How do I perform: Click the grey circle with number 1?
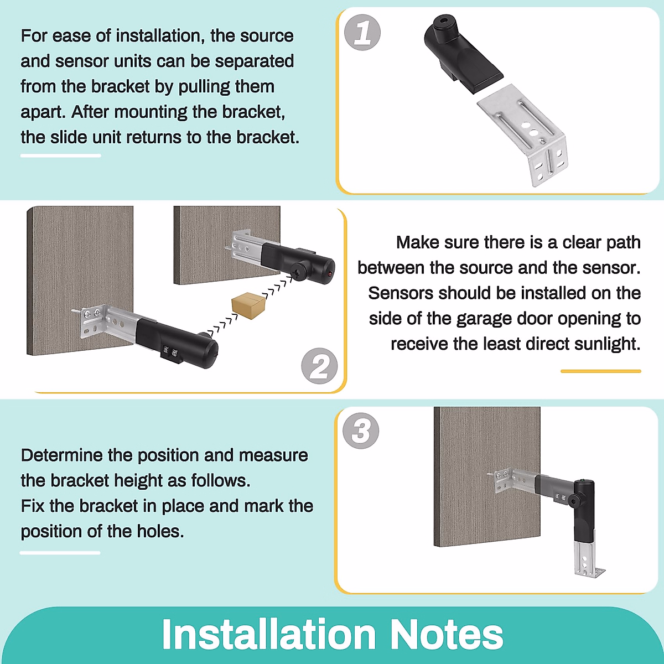(x=362, y=33)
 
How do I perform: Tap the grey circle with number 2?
(x=319, y=366)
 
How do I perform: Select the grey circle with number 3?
(x=361, y=430)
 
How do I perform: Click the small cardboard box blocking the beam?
(x=248, y=305)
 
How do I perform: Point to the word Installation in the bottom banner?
(x=269, y=634)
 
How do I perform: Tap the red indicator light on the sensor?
(x=330, y=274)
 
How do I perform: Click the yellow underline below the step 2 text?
(x=600, y=371)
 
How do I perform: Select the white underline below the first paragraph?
(x=61, y=155)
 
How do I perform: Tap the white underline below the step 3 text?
(x=60, y=553)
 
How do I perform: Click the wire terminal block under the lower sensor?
(x=170, y=354)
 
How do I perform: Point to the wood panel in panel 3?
(x=486, y=476)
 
